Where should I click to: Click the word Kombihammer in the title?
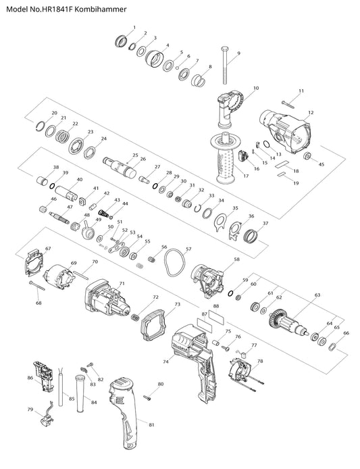pos(101,9)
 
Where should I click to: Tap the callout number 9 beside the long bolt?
pos(238,53)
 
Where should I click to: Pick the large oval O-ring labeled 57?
pos(174,263)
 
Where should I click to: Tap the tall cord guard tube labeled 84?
pos(81,393)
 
